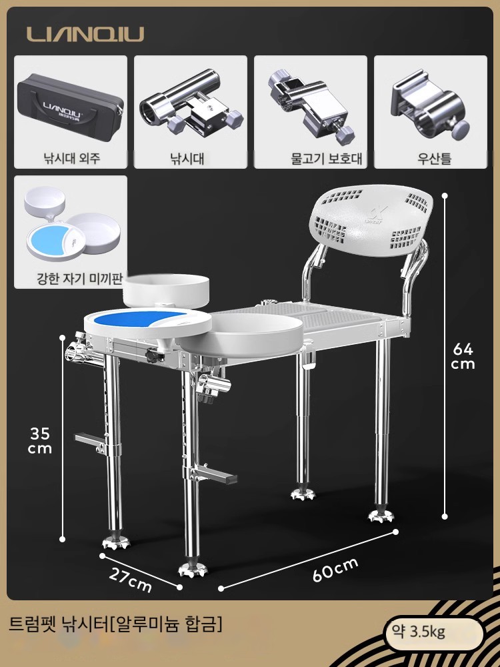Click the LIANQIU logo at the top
[x=85, y=34]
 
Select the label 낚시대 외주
[x=72, y=159]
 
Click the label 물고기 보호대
[x=327, y=159]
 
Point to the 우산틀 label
[x=434, y=159]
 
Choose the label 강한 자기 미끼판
[x=80, y=279]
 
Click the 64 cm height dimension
[x=463, y=356]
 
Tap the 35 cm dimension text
[x=40, y=441]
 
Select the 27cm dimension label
[x=130, y=580]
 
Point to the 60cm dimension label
[x=335, y=569]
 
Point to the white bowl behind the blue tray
[x=166, y=290]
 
